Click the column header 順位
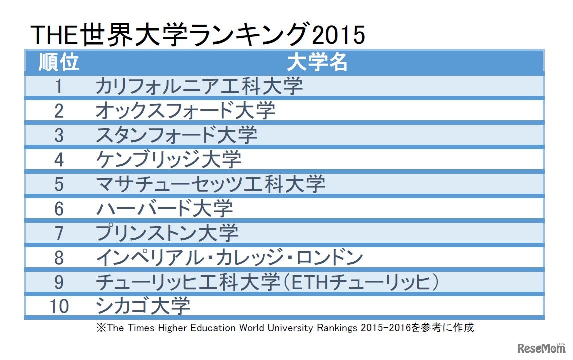click(x=59, y=63)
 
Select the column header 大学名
click(x=317, y=63)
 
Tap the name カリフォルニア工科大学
click(x=199, y=86)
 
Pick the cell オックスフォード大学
click(x=185, y=110)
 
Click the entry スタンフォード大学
click(x=176, y=134)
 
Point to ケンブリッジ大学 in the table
click(x=168, y=159)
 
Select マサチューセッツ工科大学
click(x=210, y=184)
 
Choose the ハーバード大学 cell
click(x=164, y=208)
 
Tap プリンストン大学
click(x=167, y=233)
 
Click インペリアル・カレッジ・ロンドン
click(x=229, y=258)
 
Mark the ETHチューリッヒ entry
click(x=267, y=282)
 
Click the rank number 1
click(x=59, y=86)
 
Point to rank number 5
click(x=59, y=184)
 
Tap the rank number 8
click(x=59, y=258)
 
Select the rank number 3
click(x=59, y=134)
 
